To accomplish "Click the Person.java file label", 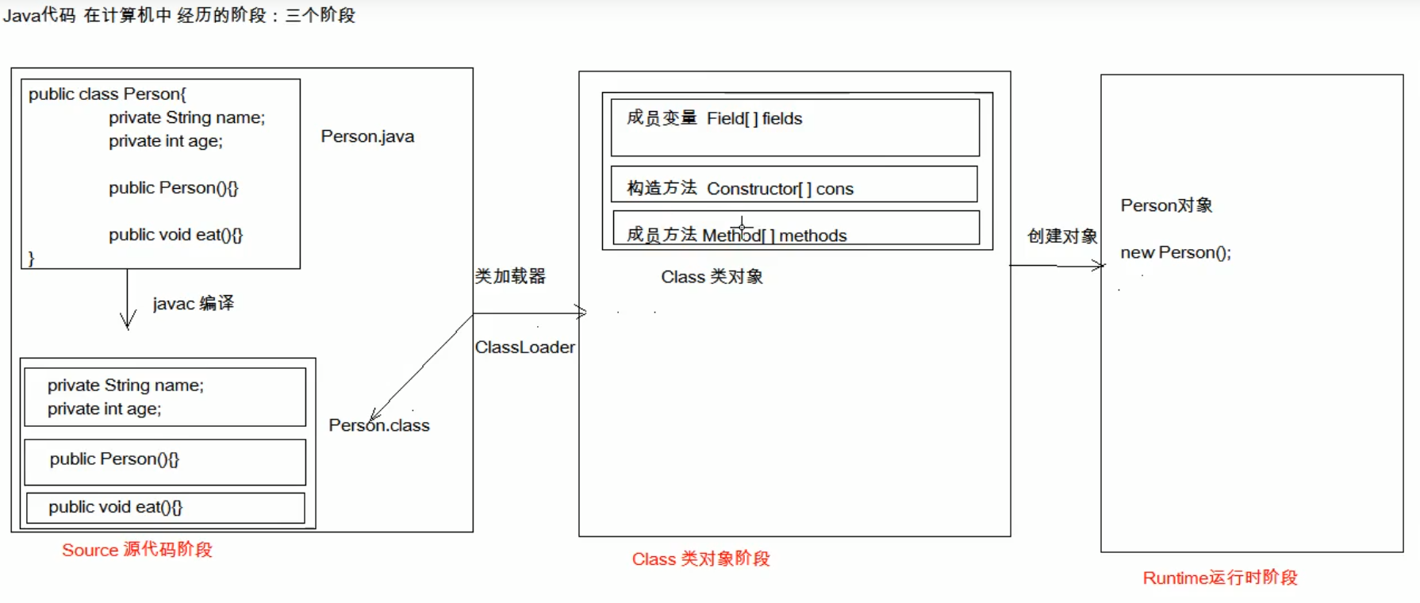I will pyautogui.click(x=367, y=136).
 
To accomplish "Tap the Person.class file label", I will pyautogui.click(x=379, y=425).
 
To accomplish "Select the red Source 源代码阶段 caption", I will pyautogui.click(x=137, y=550).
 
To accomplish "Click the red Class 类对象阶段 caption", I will pyautogui.click(x=700, y=559).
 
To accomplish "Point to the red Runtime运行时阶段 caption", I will pyautogui.click(x=1219, y=578).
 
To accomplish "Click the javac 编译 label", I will pyautogui.click(x=193, y=303).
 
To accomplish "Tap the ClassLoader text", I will pyautogui.click(x=524, y=348).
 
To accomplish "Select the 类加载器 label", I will pyautogui.click(x=510, y=276).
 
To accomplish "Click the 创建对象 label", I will pyautogui.click(x=1061, y=236).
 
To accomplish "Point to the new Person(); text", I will pyautogui.click(x=1175, y=253).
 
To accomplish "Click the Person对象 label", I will pyautogui.click(x=1166, y=205).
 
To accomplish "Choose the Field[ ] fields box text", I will pyautogui.click(x=754, y=119).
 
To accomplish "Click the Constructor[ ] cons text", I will pyautogui.click(x=779, y=189).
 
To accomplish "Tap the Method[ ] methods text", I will pyautogui.click(x=774, y=236).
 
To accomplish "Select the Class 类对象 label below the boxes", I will pyautogui.click(x=712, y=277).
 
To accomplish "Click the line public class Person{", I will pyautogui.click(x=107, y=94).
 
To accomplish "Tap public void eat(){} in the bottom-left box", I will pyautogui.click(x=115, y=507).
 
